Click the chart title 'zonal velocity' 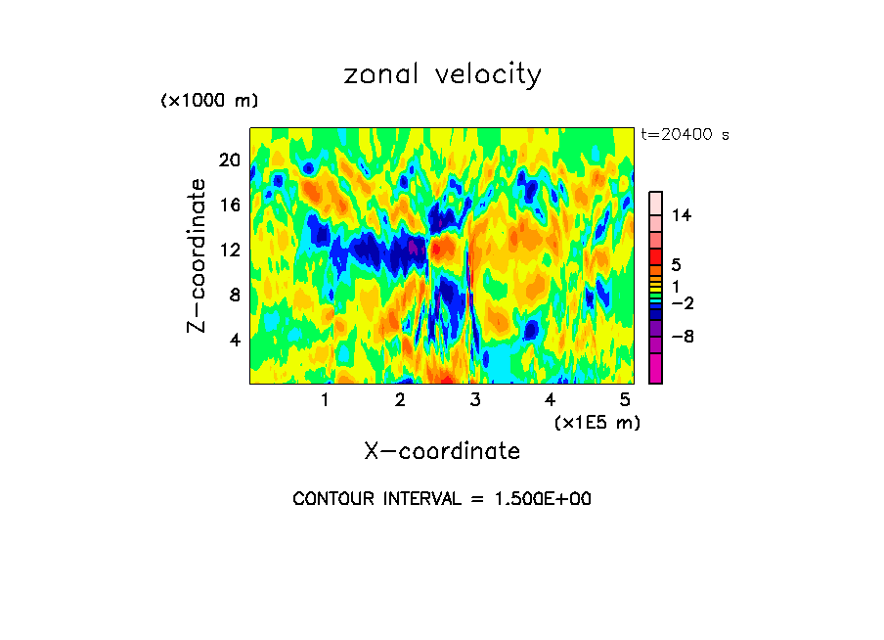(442, 74)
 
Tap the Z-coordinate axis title (198, 255)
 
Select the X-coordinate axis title (442, 451)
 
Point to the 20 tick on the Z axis (229, 160)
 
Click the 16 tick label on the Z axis (229, 205)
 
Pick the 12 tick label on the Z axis (229, 250)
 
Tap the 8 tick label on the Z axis (234, 295)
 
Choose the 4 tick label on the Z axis (234, 340)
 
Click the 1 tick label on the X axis (325, 399)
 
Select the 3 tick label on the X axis (474, 399)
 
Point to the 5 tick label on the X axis (624, 399)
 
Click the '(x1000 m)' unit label (209, 101)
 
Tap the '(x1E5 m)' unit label (597, 422)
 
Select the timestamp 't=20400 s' (685, 135)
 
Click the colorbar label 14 (682, 215)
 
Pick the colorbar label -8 (682, 336)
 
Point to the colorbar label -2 (682, 303)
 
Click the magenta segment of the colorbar (655, 369)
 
